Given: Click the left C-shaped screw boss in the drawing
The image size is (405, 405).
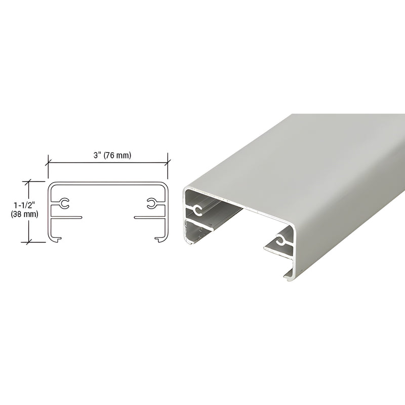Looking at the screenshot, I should tap(64, 204).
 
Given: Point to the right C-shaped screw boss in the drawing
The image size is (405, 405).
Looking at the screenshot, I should tap(151, 204).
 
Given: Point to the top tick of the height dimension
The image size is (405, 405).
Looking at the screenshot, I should tap(30, 181).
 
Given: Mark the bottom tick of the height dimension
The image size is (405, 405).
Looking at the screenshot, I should tap(30, 240).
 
